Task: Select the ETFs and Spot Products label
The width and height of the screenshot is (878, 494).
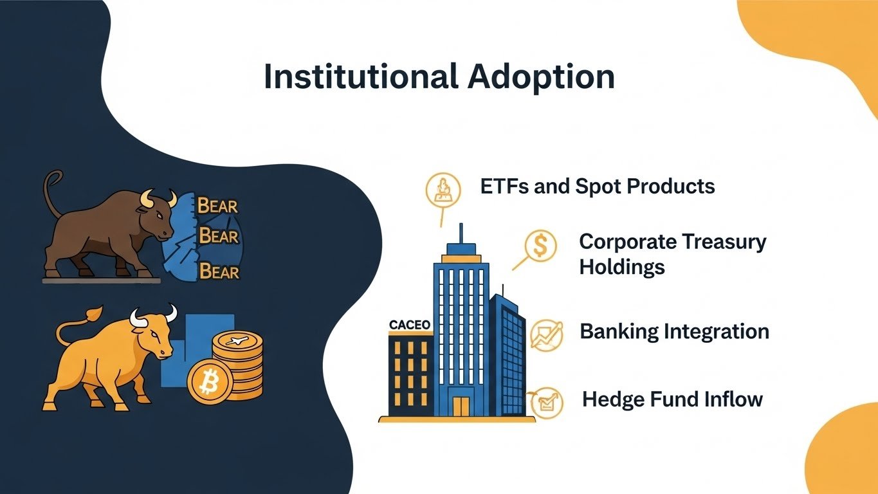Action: tap(598, 187)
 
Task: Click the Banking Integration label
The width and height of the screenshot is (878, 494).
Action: tap(674, 332)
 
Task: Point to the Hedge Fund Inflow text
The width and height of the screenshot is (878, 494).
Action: tap(673, 399)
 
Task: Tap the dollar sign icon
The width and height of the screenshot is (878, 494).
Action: tap(540, 246)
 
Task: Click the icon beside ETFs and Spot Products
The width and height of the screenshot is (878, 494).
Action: tap(443, 190)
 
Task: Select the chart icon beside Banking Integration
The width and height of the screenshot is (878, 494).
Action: tap(546, 335)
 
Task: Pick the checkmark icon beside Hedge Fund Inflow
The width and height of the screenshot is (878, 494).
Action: tap(547, 403)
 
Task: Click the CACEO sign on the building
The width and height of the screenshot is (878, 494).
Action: tap(410, 325)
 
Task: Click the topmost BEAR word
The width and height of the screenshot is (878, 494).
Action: tap(217, 206)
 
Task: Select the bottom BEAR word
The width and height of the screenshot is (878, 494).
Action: tap(219, 271)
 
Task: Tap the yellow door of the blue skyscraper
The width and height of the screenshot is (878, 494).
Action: tap(461, 406)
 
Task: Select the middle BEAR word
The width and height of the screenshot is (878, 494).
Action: tap(219, 236)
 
